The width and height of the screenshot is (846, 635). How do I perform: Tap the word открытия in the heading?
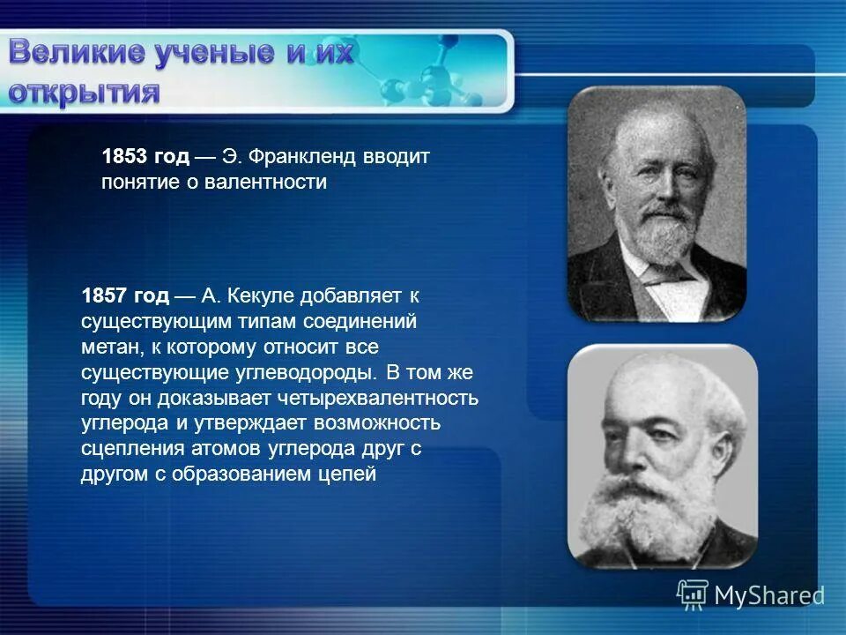coord(85,93)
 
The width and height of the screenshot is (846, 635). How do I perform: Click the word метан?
coord(107,347)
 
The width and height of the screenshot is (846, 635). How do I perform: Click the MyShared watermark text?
coord(768,595)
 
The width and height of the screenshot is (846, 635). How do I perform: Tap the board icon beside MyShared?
coord(693,594)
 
